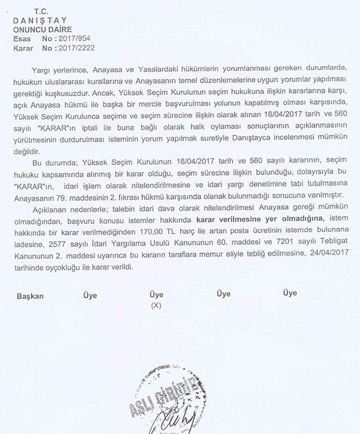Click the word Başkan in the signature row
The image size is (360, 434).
[30, 296]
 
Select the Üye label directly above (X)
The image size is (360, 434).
[156, 295]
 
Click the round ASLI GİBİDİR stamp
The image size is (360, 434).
[164, 404]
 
